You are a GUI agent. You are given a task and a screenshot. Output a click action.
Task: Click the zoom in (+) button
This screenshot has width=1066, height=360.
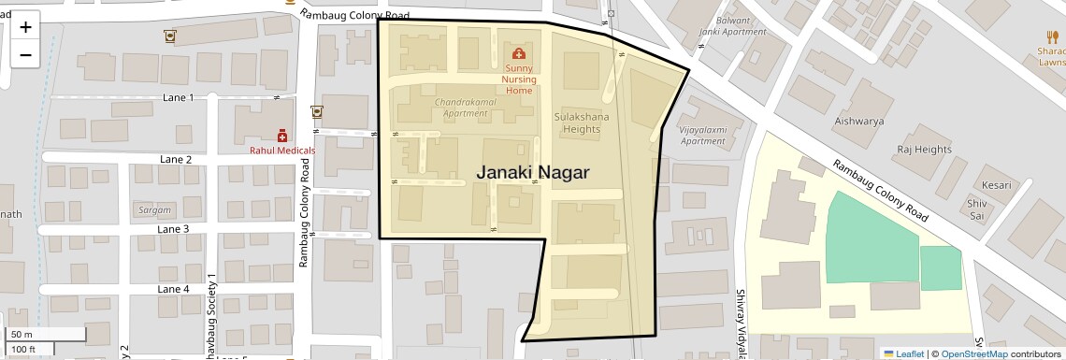coord(25,27)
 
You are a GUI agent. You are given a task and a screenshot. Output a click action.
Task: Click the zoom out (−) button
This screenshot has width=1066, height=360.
coord(25,54)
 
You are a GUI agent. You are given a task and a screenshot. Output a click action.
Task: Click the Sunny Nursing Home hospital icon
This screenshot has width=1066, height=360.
coord(519,53)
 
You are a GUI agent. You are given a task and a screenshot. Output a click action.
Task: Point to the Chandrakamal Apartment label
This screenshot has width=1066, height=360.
coord(461,107)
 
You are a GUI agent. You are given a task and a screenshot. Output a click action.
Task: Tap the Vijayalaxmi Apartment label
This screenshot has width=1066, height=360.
coord(702,136)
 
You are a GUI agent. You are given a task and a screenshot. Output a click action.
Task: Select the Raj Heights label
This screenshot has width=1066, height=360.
coord(924,150)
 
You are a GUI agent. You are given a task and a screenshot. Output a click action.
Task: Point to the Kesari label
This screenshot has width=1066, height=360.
coord(996,185)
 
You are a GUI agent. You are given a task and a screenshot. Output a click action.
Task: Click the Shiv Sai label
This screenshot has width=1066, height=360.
coord(977,209)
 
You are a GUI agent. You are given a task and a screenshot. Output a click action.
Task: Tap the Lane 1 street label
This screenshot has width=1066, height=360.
coord(178,97)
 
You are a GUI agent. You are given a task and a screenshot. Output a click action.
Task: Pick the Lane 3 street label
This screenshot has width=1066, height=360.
coord(173,229)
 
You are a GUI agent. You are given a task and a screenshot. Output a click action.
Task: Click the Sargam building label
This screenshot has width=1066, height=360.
coord(154,209)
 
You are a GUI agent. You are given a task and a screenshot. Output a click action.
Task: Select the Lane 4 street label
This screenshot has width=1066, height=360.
coord(173,289)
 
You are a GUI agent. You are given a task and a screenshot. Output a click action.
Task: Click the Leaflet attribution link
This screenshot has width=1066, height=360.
coord(903,353)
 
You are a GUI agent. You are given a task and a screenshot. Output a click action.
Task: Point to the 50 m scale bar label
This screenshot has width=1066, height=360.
coord(22,335)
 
